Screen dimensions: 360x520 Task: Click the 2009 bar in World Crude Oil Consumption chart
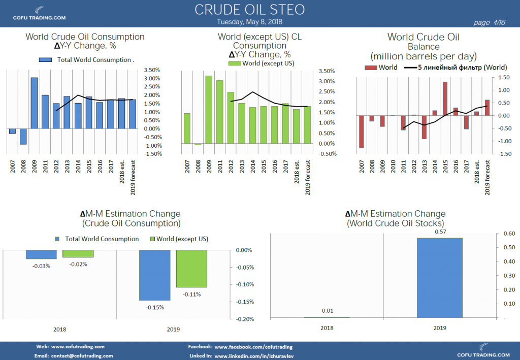pyautogui.click(x=34, y=103)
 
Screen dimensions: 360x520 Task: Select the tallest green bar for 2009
pyautogui.click(x=209, y=110)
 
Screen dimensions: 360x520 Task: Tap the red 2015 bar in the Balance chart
pyautogui.click(x=445, y=99)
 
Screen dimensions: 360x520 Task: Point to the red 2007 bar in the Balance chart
pyautogui.click(x=361, y=132)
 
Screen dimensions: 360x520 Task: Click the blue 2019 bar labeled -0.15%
pyautogui.click(x=155, y=275)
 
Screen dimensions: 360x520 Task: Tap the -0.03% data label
pyautogui.click(x=42, y=266)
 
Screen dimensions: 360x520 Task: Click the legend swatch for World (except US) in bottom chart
pyautogui.click(x=153, y=239)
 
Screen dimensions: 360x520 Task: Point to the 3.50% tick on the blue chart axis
pyautogui.click(x=153, y=70)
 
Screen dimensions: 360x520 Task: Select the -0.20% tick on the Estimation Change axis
pyautogui.click(x=244, y=319)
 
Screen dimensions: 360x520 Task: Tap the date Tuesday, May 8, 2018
pyautogui.click(x=249, y=22)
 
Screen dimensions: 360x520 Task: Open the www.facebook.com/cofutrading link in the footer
pyautogui.click(x=253, y=347)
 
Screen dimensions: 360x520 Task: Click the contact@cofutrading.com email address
pyautogui.click(x=82, y=356)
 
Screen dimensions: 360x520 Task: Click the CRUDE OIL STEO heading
pyautogui.click(x=249, y=10)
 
